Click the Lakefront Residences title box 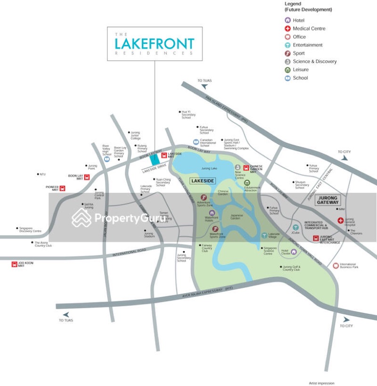(x=155, y=44)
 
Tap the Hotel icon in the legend (x=287, y=20)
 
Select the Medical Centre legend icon (x=287, y=29)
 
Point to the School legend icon (x=287, y=78)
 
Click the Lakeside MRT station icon (x=164, y=155)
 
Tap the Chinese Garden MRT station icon (x=246, y=167)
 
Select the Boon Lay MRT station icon (x=86, y=177)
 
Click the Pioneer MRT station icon (x=63, y=188)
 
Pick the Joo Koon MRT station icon (x=14, y=264)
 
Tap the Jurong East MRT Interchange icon (x=316, y=238)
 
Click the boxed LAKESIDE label (x=203, y=181)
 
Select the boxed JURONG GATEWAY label (x=328, y=199)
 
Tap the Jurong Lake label (x=209, y=168)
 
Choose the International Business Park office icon (x=336, y=266)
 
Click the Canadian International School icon (x=196, y=142)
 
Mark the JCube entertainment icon (x=295, y=227)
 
